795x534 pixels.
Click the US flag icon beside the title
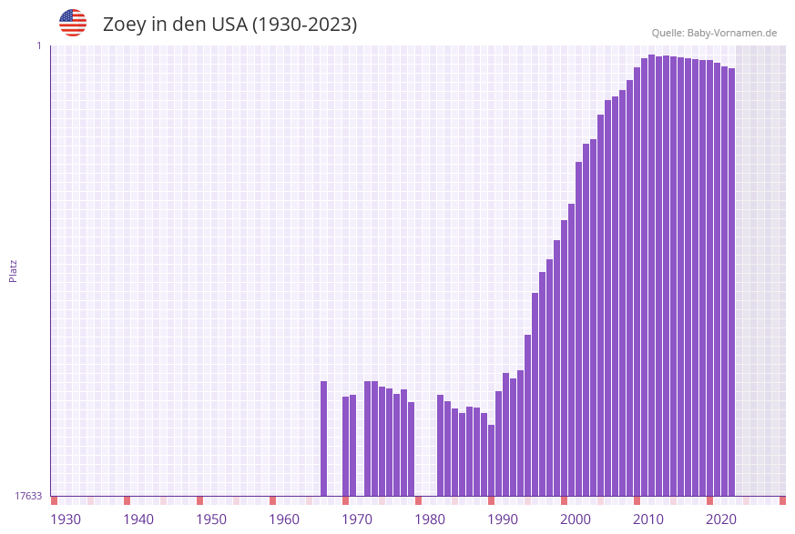click(73, 23)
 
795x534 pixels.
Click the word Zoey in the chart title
click(124, 25)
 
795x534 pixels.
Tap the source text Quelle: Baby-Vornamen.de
click(713, 33)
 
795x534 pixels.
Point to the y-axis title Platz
click(13, 270)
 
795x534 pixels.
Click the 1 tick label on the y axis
click(38, 45)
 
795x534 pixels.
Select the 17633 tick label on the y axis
click(28, 496)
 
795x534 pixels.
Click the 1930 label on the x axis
click(66, 519)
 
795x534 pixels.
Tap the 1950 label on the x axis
click(211, 519)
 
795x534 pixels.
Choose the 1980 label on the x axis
click(430, 519)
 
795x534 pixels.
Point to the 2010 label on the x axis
click(648, 519)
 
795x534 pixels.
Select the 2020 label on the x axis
click(721, 519)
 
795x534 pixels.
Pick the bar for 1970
click(345, 446)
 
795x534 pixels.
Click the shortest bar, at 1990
click(491, 460)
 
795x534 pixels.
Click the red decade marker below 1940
click(127, 500)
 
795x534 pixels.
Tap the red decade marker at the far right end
click(782, 500)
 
